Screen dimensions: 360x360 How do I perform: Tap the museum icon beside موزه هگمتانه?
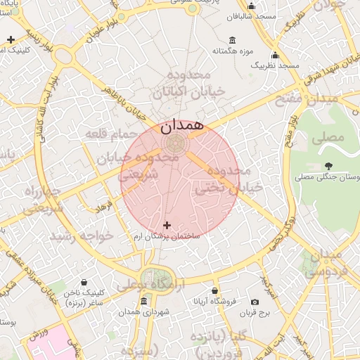click(x=233, y=39)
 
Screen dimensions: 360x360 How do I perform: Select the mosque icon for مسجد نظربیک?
click(x=275, y=55)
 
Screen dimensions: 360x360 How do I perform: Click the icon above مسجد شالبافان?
click(x=252, y=6)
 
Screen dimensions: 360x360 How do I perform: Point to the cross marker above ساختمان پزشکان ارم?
click(x=167, y=225)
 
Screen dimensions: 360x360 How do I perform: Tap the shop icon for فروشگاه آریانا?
click(x=214, y=290)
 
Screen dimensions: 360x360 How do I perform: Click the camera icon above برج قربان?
click(x=255, y=302)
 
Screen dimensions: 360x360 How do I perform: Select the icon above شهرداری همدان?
click(x=144, y=302)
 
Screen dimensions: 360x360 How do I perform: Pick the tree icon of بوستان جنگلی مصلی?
click(x=329, y=167)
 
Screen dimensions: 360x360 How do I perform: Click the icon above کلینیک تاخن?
click(x=84, y=283)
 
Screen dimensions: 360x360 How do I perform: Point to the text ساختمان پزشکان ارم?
click(x=167, y=236)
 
